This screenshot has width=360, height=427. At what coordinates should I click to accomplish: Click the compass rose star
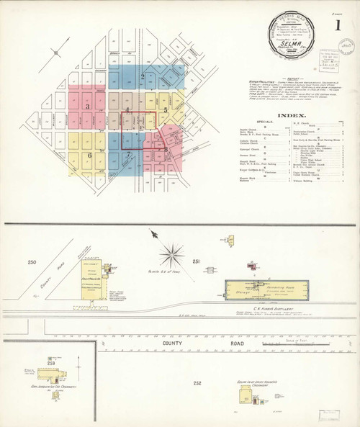click(172, 253)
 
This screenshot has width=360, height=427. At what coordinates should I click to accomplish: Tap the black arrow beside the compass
click(153, 233)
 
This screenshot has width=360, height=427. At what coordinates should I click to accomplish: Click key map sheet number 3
click(89, 107)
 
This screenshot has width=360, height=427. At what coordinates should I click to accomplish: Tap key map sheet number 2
click(143, 76)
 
